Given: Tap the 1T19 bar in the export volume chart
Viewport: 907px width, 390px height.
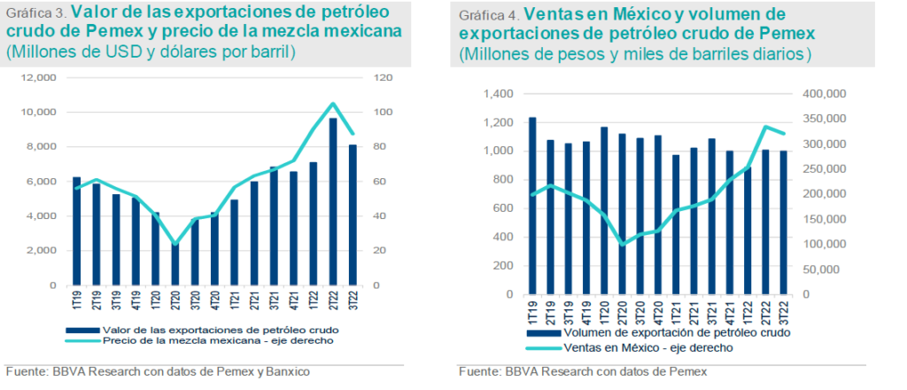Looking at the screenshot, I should coord(532,206).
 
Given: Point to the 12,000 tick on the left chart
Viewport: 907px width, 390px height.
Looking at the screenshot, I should coord(38,78).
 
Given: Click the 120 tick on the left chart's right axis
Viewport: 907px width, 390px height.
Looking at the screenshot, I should coord(382,78).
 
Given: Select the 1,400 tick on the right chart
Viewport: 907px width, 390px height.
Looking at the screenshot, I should coord(497,94).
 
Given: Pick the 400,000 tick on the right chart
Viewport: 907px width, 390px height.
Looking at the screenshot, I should coord(824,94).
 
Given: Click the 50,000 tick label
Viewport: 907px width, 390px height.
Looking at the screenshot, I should coord(826,269).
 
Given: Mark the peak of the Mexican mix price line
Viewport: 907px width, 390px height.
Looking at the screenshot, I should coord(333,104).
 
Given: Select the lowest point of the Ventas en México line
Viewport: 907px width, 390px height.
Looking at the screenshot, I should coord(623,244).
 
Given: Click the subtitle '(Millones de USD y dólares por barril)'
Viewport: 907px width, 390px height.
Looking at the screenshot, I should coord(151,52).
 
